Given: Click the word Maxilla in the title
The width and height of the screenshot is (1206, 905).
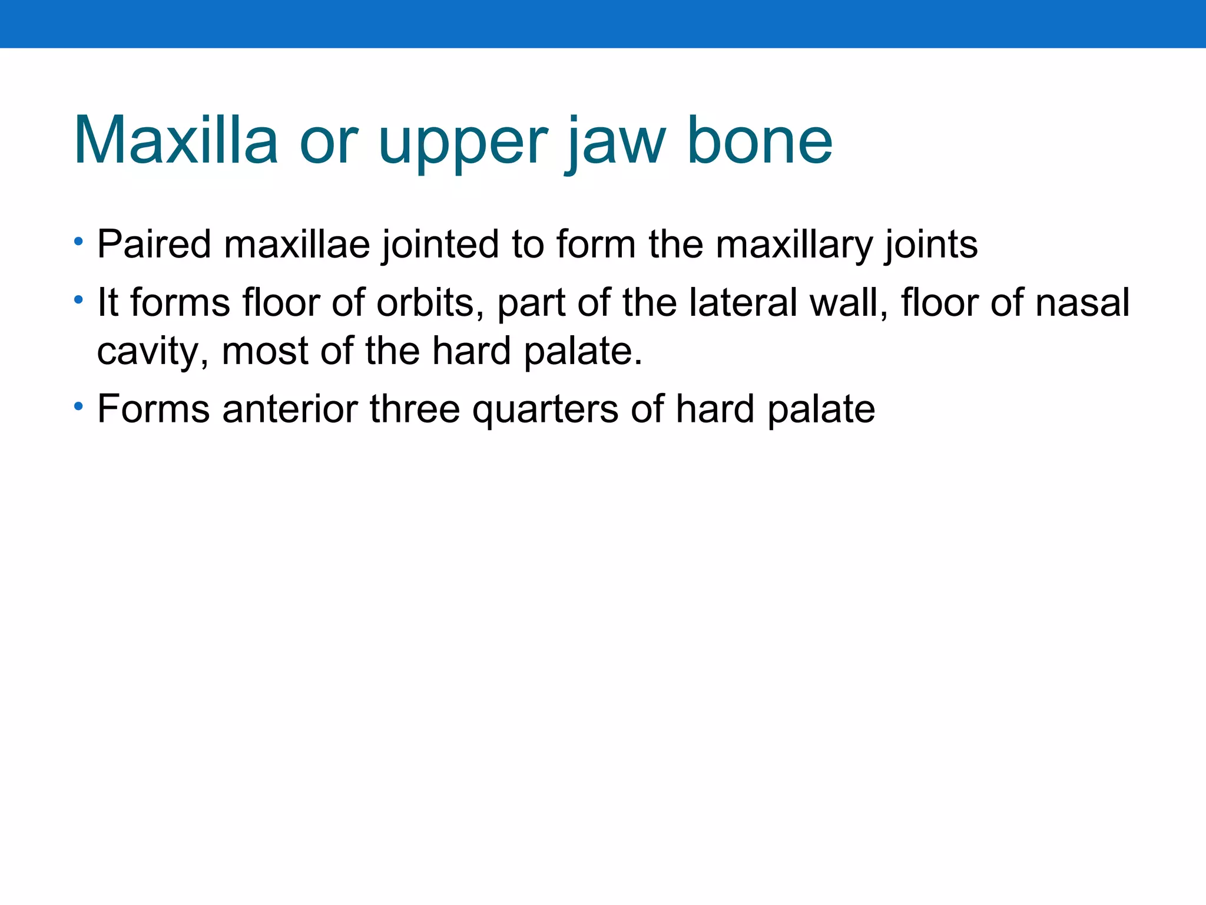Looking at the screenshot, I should tap(175, 141).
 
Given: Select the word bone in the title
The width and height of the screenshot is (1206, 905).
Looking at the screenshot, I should tap(760, 141).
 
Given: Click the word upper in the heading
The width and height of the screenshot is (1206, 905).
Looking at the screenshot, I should tap(462, 144).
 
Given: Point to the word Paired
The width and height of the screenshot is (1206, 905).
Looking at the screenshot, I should tap(154, 244).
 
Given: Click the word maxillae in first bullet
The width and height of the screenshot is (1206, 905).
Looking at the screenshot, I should tap(297, 244).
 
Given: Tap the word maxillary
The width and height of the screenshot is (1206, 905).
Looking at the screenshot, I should tap(794, 245).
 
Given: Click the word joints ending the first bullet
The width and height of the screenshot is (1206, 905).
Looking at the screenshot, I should tap(930, 245).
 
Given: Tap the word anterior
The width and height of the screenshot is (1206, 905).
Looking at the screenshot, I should tap(290, 409).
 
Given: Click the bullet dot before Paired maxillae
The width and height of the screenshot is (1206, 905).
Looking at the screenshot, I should tap(78, 242).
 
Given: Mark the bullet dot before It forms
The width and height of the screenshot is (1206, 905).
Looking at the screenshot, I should tap(78, 300).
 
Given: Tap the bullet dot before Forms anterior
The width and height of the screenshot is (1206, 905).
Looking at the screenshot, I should tap(78, 407).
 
